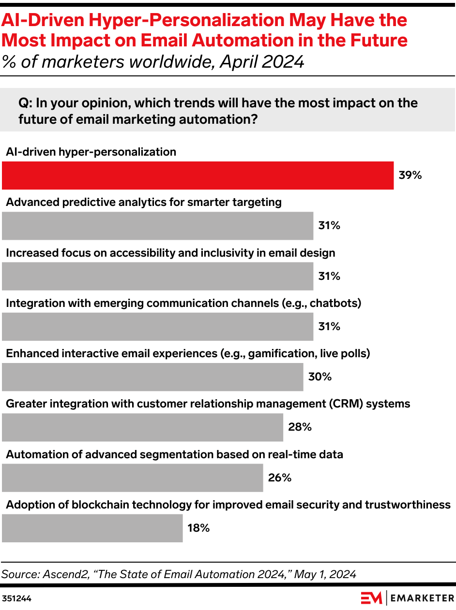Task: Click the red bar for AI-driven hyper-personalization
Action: tap(198, 175)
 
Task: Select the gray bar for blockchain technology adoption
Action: tap(92, 528)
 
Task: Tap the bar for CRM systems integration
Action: tap(142, 427)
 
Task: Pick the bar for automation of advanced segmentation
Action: tap(132, 478)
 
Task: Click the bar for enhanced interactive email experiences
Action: tap(152, 377)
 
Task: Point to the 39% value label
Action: tap(410, 175)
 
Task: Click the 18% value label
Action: tap(198, 528)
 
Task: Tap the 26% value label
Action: tap(280, 478)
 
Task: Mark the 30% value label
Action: tap(320, 377)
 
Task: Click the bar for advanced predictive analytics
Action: tap(157, 226)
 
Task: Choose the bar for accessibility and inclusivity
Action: tap(157, 276)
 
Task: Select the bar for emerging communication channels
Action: tap(157, 327)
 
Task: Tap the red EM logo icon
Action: tap(372, 598)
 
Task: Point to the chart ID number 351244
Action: tap(17, 598)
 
